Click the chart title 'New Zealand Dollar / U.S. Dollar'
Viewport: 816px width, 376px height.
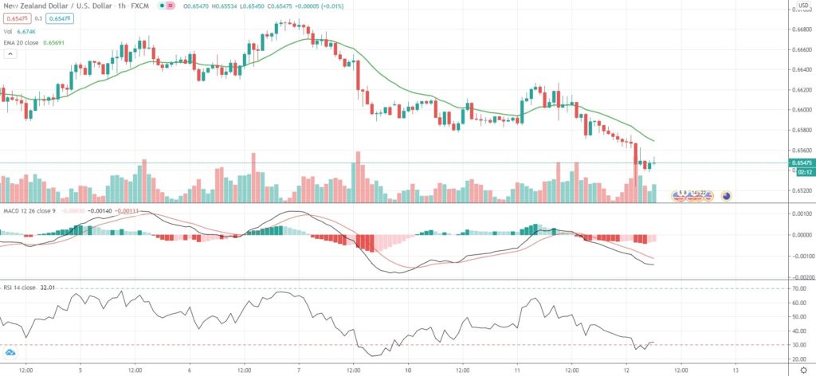(x=49, y=5)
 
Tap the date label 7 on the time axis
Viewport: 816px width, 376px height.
(x=298, y=370)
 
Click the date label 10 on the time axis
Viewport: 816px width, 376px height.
(x=408, y=370)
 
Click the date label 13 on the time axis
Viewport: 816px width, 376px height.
(x=735, y=370)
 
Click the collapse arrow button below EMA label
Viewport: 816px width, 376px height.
(x=10, y=53)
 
